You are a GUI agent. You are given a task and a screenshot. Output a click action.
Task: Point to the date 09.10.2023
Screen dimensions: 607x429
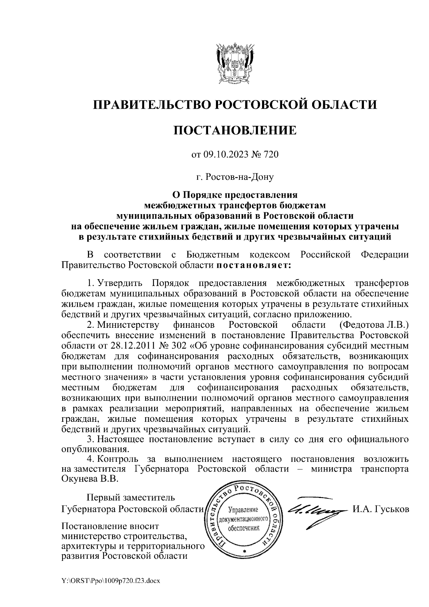(x=223, y=154)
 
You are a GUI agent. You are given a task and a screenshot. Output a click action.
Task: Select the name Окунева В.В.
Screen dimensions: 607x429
(x=89, y=479)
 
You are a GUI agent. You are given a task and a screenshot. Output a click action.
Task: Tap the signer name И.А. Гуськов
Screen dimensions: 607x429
(x=380, y=509)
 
